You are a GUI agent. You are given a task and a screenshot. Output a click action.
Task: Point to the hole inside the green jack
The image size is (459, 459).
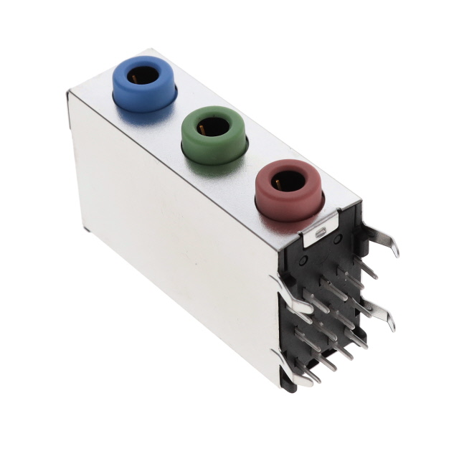click(215, 128)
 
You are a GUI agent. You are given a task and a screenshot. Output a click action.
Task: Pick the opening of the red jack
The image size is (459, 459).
click(289, 180)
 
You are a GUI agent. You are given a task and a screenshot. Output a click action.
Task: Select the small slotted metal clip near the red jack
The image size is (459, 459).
click(321, 232)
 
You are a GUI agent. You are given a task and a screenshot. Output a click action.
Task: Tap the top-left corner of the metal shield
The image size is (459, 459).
click(70, 93)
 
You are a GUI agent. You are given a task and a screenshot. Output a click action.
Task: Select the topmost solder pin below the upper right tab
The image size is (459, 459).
click(365, 268)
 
